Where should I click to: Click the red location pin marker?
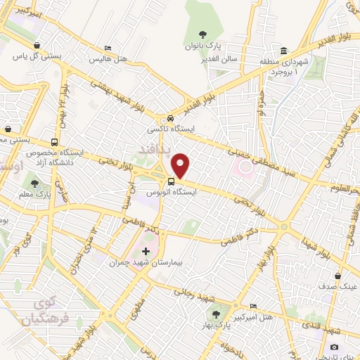(181, 166)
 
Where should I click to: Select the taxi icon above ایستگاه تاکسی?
(171, 118)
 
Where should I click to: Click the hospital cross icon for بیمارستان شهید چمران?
(146, 251)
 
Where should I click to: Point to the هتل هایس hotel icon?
(107, 48)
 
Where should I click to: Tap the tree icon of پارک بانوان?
(203, 33)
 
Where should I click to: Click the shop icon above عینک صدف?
(340, 276)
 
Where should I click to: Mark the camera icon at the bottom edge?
(333, 347)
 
